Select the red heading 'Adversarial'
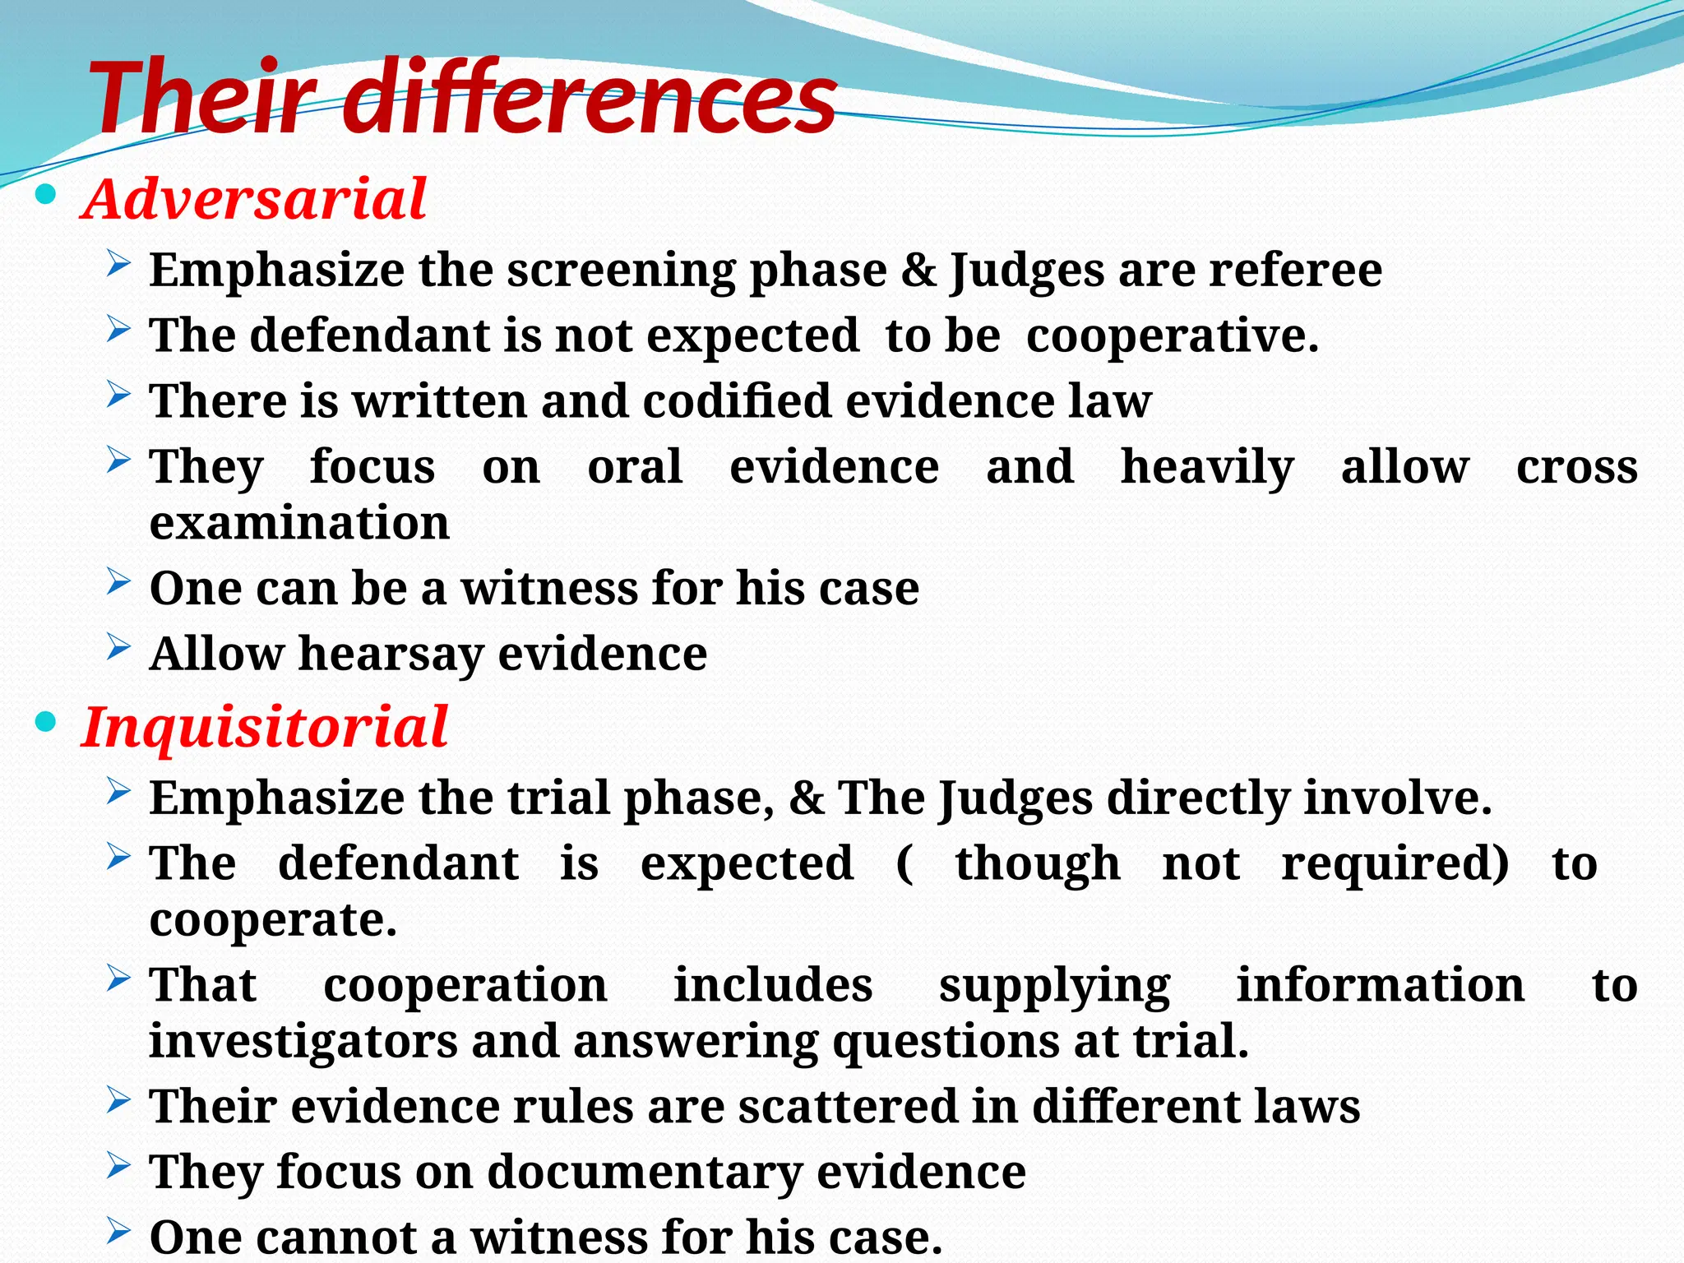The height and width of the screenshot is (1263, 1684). point(254,199)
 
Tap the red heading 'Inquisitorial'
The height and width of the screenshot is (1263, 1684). point(265,727)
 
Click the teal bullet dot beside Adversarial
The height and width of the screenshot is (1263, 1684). point(47,196)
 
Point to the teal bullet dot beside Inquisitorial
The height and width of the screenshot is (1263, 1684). point(47,724)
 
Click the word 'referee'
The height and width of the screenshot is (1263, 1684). point(1294,270)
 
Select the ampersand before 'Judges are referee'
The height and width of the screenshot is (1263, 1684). point(918,270)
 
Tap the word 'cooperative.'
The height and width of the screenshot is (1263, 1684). point(1172,335)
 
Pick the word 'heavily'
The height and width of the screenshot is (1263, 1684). point(1207,467)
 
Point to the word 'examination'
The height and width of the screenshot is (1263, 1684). point(299,523)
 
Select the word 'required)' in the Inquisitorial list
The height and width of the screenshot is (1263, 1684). point(1395,863)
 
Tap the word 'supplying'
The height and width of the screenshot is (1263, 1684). point(1054,985)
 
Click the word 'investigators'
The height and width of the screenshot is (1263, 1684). point(303,1041)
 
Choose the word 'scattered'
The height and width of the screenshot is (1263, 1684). point(848,1106)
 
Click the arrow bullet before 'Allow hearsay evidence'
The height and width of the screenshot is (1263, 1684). point(118,650)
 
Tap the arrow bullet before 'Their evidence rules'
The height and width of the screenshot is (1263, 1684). point(118,1101)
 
